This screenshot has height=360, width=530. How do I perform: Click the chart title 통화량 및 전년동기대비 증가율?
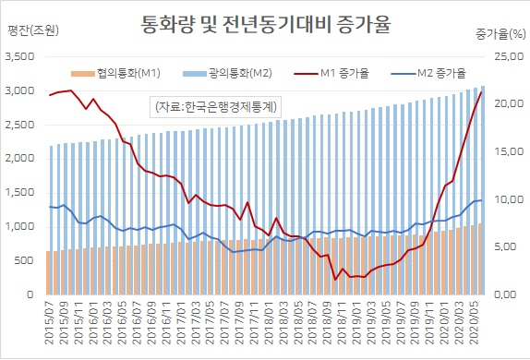click(x=266, y=24)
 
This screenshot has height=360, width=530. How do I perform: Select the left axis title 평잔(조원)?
click(x=33, y=30)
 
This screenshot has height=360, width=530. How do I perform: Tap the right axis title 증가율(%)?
click(x=500, y=34)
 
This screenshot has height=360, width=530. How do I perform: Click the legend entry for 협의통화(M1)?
click(x=115, y=73)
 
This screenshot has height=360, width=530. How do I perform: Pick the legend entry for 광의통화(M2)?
click(x=227, y=73)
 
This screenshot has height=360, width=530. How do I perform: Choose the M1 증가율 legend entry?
click(x=331, y=73)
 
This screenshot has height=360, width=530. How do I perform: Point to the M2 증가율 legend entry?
click(x=428, y=73)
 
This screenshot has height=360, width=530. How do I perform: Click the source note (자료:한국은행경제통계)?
click(x=216, y=107)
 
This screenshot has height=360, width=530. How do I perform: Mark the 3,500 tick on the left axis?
click(x=20, y=56)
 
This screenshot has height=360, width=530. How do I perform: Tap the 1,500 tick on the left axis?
click(x=20, y=193)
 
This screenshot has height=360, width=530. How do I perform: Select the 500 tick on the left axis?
click(x=24, y=260)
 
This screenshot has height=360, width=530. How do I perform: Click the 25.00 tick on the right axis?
click(x=510, y=56)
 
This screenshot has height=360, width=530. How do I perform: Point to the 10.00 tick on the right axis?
click(x=510, y=199)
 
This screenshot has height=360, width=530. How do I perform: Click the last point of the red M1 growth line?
click(x=481, y=92)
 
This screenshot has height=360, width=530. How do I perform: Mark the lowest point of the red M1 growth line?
click(x=335, y=279)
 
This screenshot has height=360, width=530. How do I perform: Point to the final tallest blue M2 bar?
click(x=482, y=190)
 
